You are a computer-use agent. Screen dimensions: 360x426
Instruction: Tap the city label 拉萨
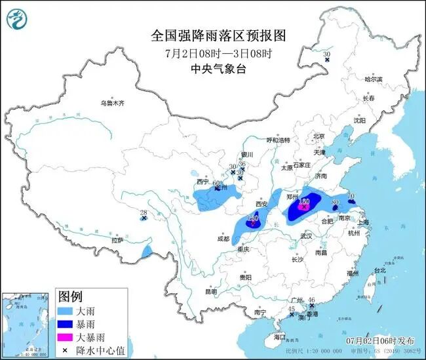117,241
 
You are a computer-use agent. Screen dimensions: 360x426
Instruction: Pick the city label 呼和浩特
277,140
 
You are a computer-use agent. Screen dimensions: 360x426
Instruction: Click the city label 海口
281,336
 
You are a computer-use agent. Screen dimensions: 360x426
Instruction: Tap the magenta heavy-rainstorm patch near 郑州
303,207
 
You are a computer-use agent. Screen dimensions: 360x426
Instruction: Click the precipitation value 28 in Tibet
144,211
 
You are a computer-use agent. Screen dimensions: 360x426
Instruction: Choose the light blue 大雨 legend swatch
68,309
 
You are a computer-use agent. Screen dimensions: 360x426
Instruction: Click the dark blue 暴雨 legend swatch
68,323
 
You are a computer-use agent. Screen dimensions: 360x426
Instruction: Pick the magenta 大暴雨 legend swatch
68,336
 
